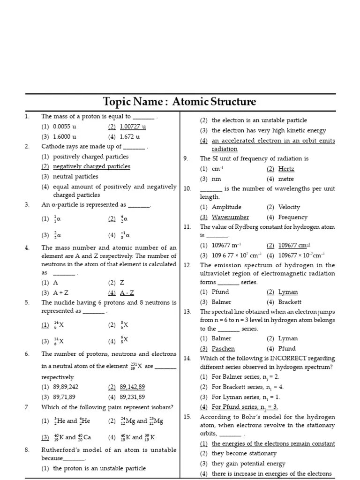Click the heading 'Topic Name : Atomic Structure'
tap(180, 102)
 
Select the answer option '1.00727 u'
tap(133, 127)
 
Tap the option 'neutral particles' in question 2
tap(75, 177)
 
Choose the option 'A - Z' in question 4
tap(127, 293)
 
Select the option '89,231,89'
tap(133, 397)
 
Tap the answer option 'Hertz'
tap(286, 169)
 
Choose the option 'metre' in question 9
tap(286, 179)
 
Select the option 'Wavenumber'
tap(230, 217)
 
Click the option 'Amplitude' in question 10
tap(226, 207)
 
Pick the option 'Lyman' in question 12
tap(288, 292)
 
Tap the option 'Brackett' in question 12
tap(290, 302)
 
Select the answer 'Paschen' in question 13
tap(223, 348)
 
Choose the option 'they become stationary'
tap(244, 453)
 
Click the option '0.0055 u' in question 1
tap(65, 127)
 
